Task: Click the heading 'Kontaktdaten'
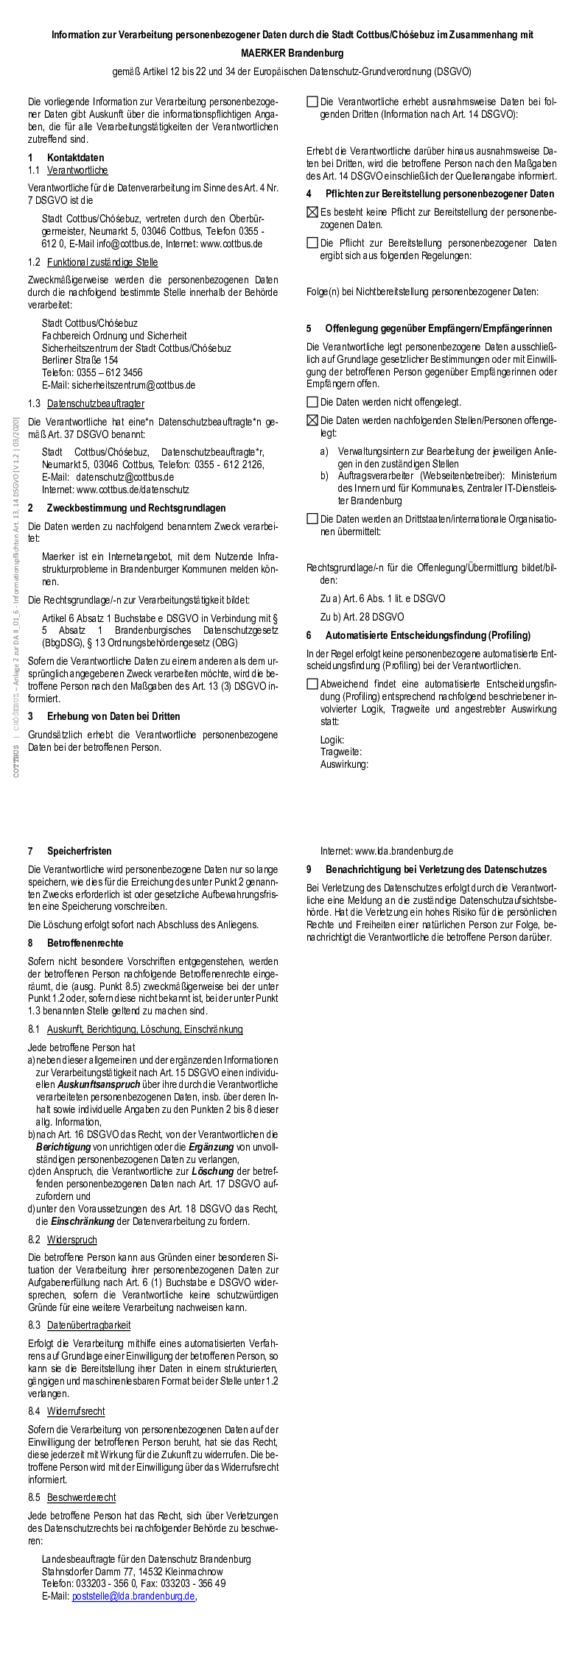click(x=75, y=158)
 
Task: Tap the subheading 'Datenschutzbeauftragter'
click(x=96, y=403)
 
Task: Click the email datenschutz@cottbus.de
click(x=125, y=477)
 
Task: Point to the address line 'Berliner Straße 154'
click(x=80, y=360)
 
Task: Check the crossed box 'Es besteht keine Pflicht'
click(x=312, y=213)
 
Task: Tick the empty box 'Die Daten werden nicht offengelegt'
click(x=312, y=402)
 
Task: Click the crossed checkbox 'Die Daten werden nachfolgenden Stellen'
click(x=312, y=420)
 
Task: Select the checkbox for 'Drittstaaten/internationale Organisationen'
click(x=312, y=519)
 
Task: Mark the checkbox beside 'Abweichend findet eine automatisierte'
click(x=312, y=684)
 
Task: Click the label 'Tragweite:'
click(x=340, y=752)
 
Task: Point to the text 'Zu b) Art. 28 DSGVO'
click(x=362, y=617)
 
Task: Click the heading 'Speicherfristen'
click(x=80, y=851)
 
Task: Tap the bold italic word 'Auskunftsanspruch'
click(x=99, y=1084)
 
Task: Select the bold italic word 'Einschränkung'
click(x=83, y=1221)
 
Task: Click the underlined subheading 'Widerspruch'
click(x=71, y=1240)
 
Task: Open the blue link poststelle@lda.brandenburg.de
click(x=133, y=1596)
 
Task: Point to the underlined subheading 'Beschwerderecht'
click(x=81, y=1497)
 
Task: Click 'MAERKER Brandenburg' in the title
click(x=292, y=53)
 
